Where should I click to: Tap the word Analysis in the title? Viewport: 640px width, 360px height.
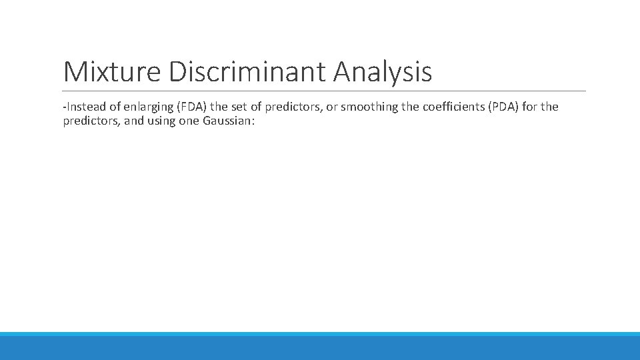(383, 72)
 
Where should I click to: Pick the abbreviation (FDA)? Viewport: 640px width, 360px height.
(191, 107)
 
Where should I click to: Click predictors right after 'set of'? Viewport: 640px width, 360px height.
(291, 107)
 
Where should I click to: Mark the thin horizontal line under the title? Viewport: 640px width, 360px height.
(324, 91)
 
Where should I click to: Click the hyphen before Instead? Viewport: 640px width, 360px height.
(65, 107)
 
